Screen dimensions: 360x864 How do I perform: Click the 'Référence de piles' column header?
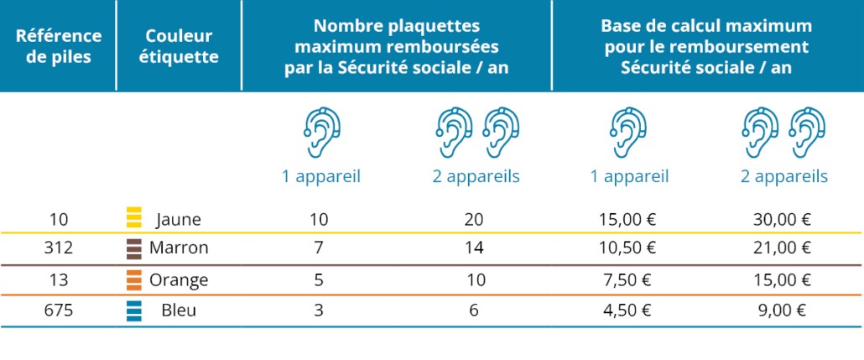(x=58, y=45)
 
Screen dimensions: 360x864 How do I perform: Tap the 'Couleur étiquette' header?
(x=179, y=45)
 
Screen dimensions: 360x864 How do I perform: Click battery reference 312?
(x=58, y=248)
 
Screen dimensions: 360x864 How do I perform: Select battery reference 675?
(x=58, y=310)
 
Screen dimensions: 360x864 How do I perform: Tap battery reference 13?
(x=58, y=279)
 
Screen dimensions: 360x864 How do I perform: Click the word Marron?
(x=179, y=248)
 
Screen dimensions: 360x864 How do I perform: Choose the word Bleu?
(x=179, y=310)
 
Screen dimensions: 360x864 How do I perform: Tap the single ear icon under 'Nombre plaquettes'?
(x=321, y=133)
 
